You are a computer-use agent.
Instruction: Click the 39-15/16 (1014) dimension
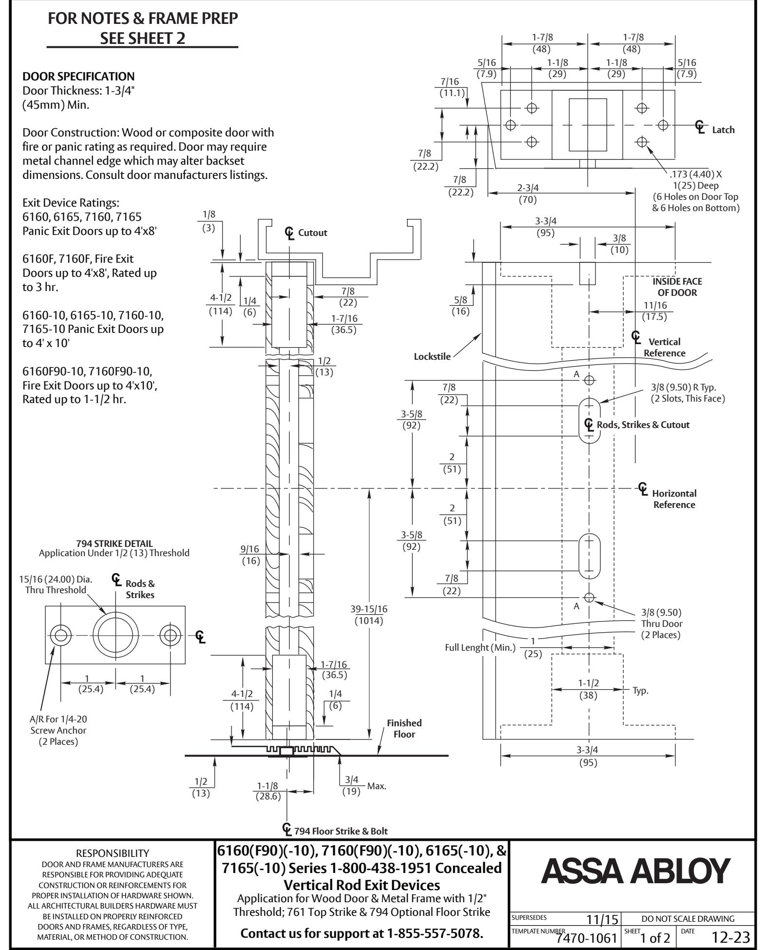[369, 615]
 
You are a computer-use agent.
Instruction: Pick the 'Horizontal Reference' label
[674, 499]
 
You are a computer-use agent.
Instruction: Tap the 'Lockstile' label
[432, 356]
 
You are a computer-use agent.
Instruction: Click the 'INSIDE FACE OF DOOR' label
[677, 287]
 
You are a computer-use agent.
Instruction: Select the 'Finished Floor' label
[404, 728]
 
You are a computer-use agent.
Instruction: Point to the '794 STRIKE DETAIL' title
[114, 543]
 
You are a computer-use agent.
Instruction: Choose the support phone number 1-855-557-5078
[435, 933]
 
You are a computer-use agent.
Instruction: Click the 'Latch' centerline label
[723, 130]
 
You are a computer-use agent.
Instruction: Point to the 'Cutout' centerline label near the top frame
[313, 233]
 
